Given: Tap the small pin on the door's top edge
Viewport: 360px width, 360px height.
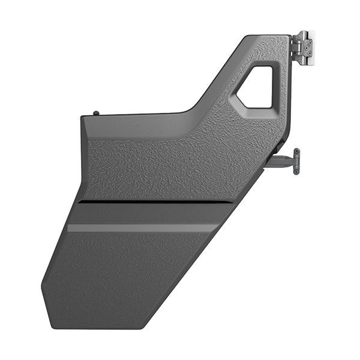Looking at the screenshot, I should click(x=96, y=112).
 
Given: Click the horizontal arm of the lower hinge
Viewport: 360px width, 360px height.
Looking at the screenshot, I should click(x=281, y=159).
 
